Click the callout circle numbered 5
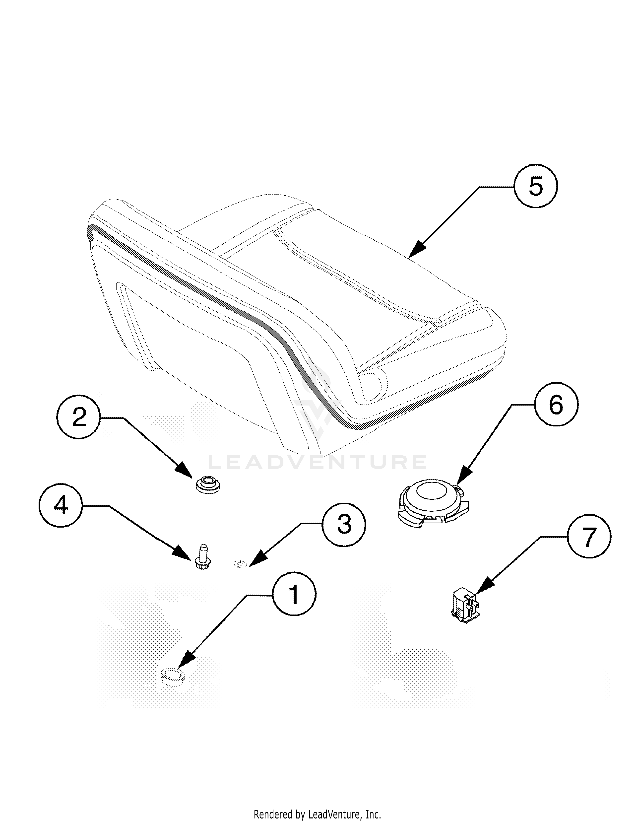pyautogui.click(x=536, y=186)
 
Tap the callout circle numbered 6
pyautogui.click(x=556, y=405)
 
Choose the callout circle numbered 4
pyautogui.click(x=61, y=505)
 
